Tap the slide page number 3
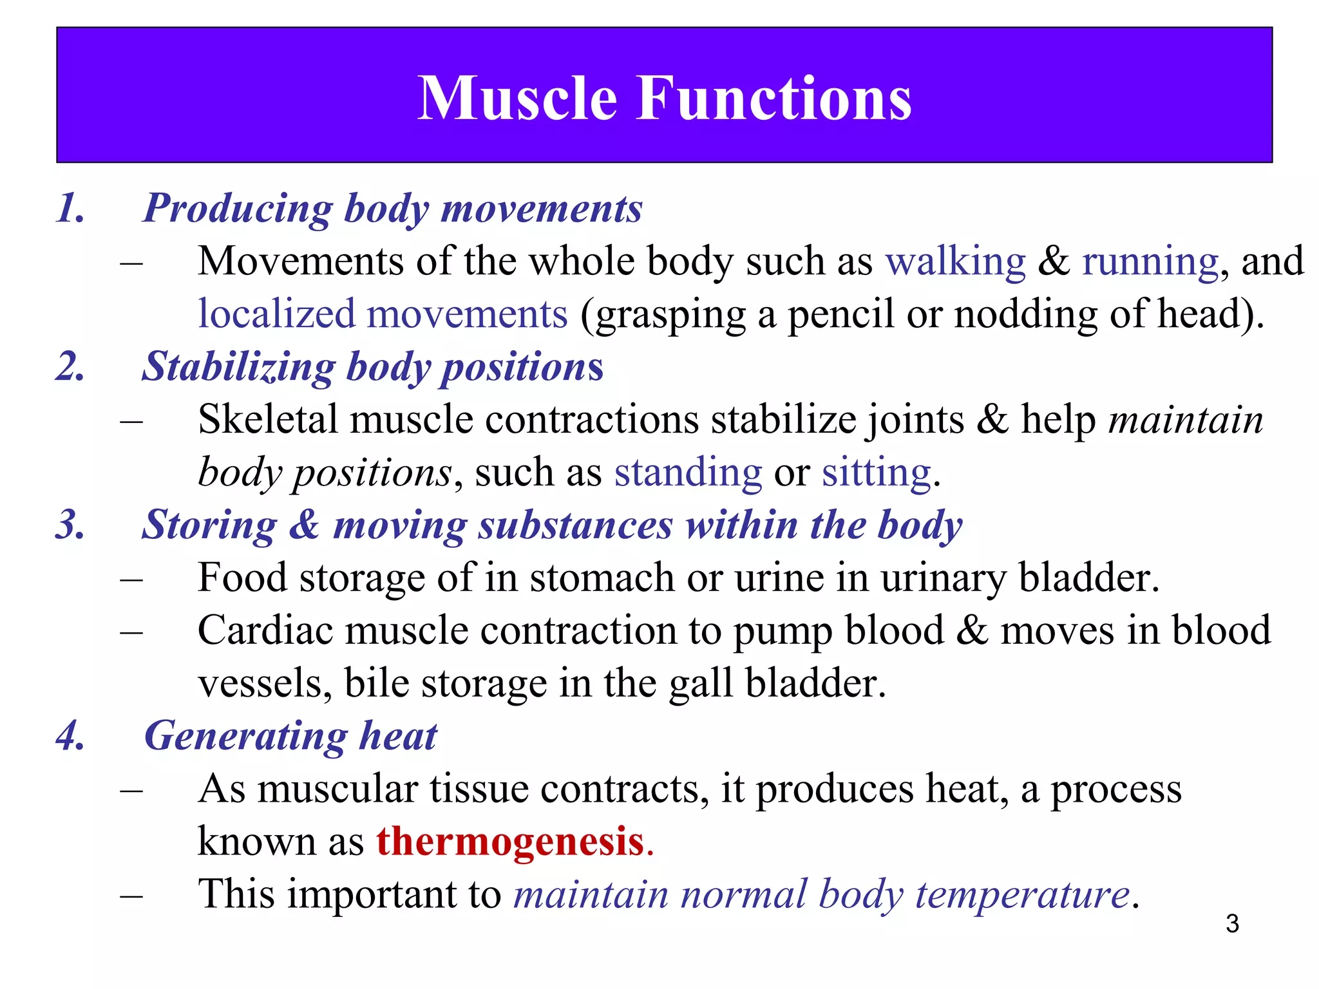point(1232,923)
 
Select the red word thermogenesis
point(510,842)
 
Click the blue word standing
point(688,473)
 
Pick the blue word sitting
point(877,473)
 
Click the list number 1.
point(70,209)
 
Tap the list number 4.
point(70,735)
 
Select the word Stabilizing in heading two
point(238,367)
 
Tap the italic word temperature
point(1022,895)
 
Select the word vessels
point(265,684)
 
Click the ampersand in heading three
point(304,525)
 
